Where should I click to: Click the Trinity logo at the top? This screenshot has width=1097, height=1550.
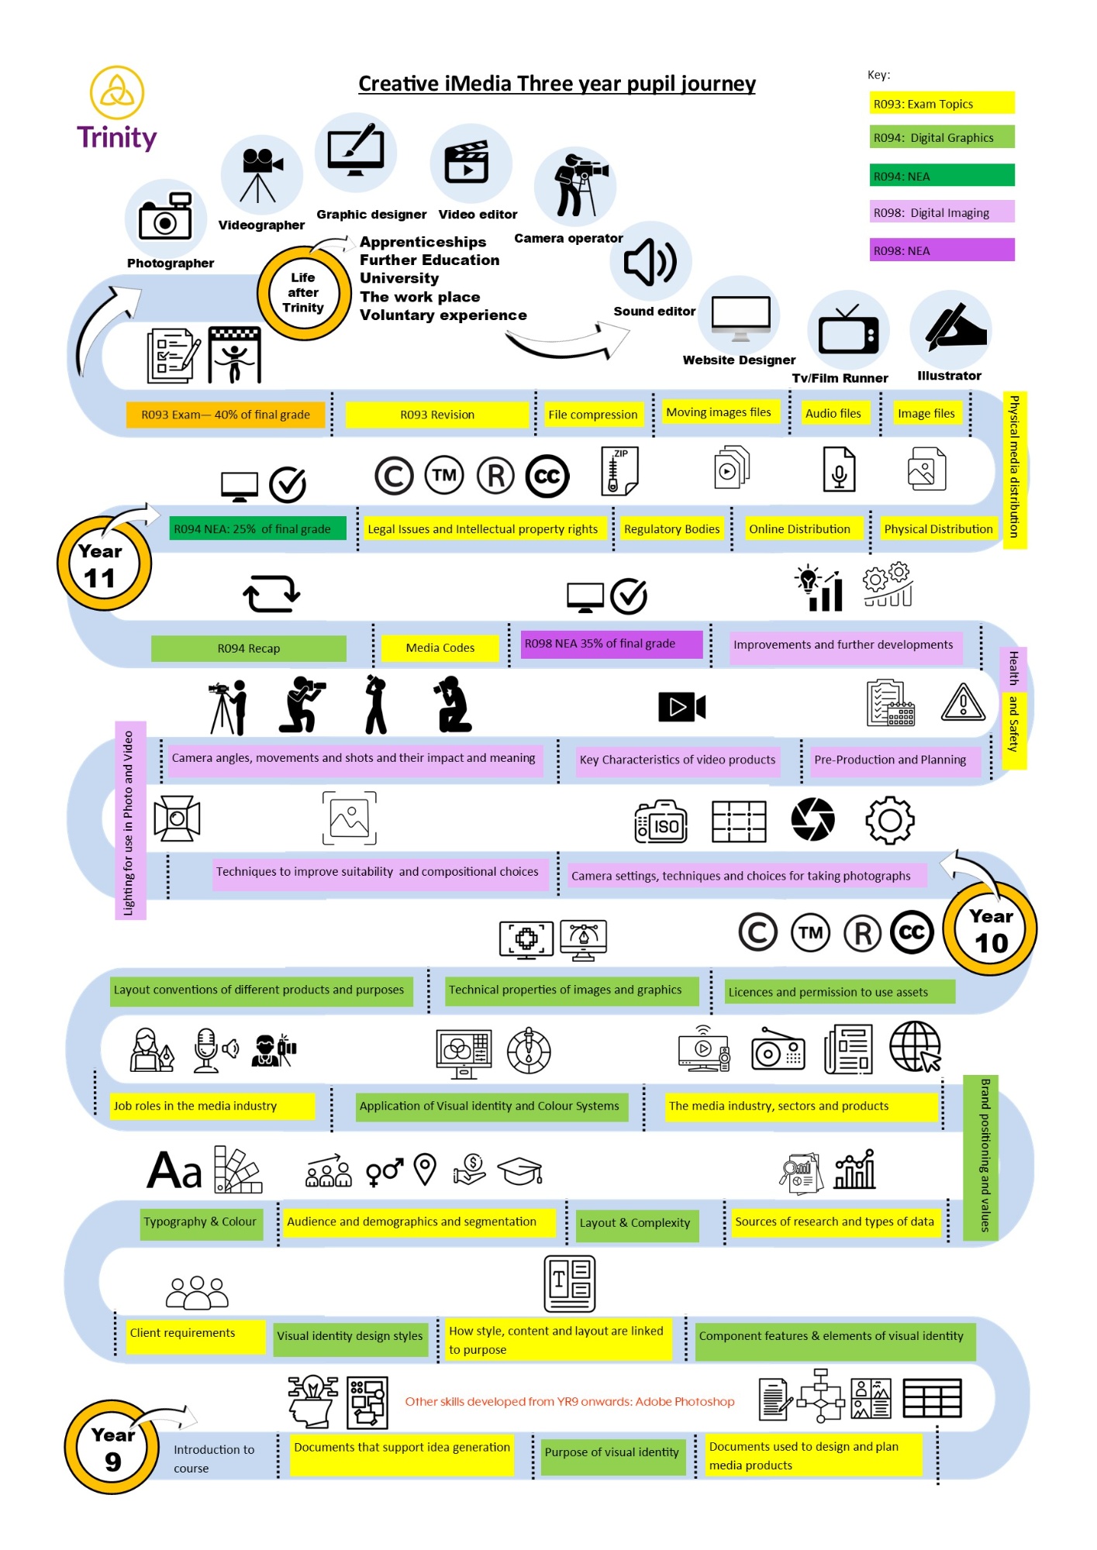pos(117,108)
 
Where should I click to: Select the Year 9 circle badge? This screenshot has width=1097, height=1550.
pos(112,1446)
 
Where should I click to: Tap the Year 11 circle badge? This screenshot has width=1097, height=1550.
pos(103,563)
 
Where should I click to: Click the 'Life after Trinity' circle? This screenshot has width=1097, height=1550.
pos(303,293)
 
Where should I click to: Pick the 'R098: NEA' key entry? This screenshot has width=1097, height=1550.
pos(941,250)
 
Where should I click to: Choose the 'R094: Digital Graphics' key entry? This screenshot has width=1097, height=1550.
pos(941,138)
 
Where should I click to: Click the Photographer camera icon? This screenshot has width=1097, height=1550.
pos(165,218)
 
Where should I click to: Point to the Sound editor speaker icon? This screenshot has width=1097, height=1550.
pos(650,262)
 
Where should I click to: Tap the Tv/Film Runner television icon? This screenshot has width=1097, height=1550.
pos(848,332)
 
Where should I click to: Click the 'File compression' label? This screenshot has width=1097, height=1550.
pos(592,415)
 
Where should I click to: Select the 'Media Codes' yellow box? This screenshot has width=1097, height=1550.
pos(440,648)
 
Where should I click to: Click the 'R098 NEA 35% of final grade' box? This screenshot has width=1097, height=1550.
pos(611,644)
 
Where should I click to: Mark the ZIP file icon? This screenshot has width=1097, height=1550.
pos(619,470)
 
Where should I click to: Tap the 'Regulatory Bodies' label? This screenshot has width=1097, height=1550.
pos(671,529)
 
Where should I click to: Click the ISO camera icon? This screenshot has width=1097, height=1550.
pos(661,821)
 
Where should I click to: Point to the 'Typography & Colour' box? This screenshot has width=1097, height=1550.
pos(200,1222)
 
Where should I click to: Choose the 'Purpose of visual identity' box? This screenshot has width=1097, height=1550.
pos(611,1452)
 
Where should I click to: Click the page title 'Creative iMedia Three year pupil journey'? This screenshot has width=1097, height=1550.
pos(557,84)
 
